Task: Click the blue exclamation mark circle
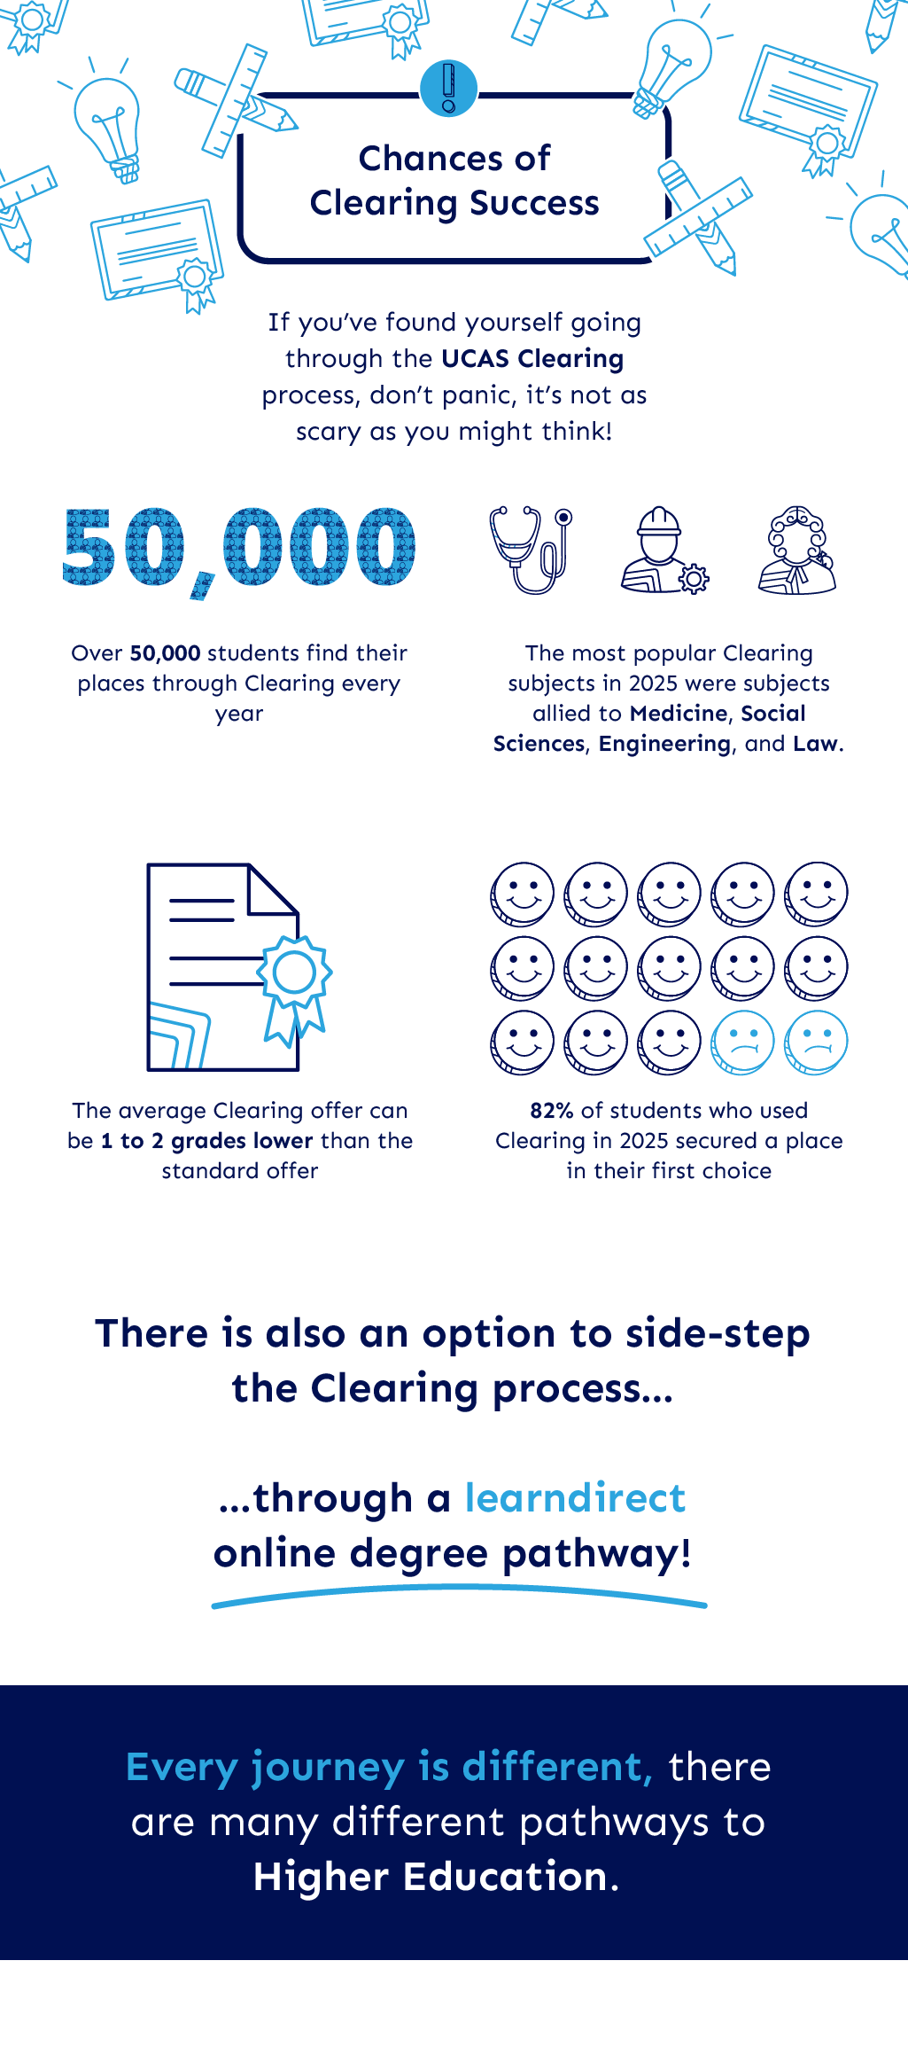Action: (x=448, y=89)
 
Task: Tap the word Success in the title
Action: (x=534, y=204)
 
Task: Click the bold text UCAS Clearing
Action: (x=532, y=359)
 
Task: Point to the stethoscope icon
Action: (x=531, y=550)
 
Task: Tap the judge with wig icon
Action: (x=797, y=550)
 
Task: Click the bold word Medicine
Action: (x=679, y=714)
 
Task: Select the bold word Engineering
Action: (x=664, y=744)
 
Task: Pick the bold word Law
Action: (x=815, y=744)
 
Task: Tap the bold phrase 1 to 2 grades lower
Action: (x=207, y=1141)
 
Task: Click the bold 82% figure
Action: (x=552, y=1111)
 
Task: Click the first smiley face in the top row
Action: (x=523, y=894)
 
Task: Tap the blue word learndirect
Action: (x=576, y=1498)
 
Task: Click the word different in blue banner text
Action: (x=557, y=1767)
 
